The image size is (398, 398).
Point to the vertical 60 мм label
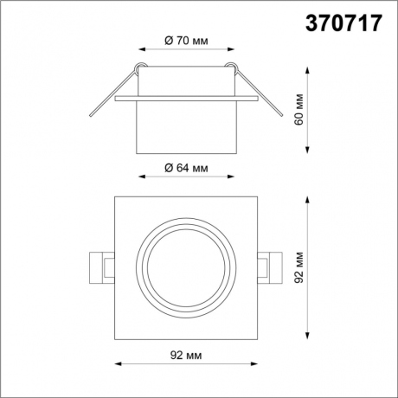click(x=297, y=106)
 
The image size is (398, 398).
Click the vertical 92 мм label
click(x=297, y=266)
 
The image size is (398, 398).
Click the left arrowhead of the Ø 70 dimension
click(x=140, y=49)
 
